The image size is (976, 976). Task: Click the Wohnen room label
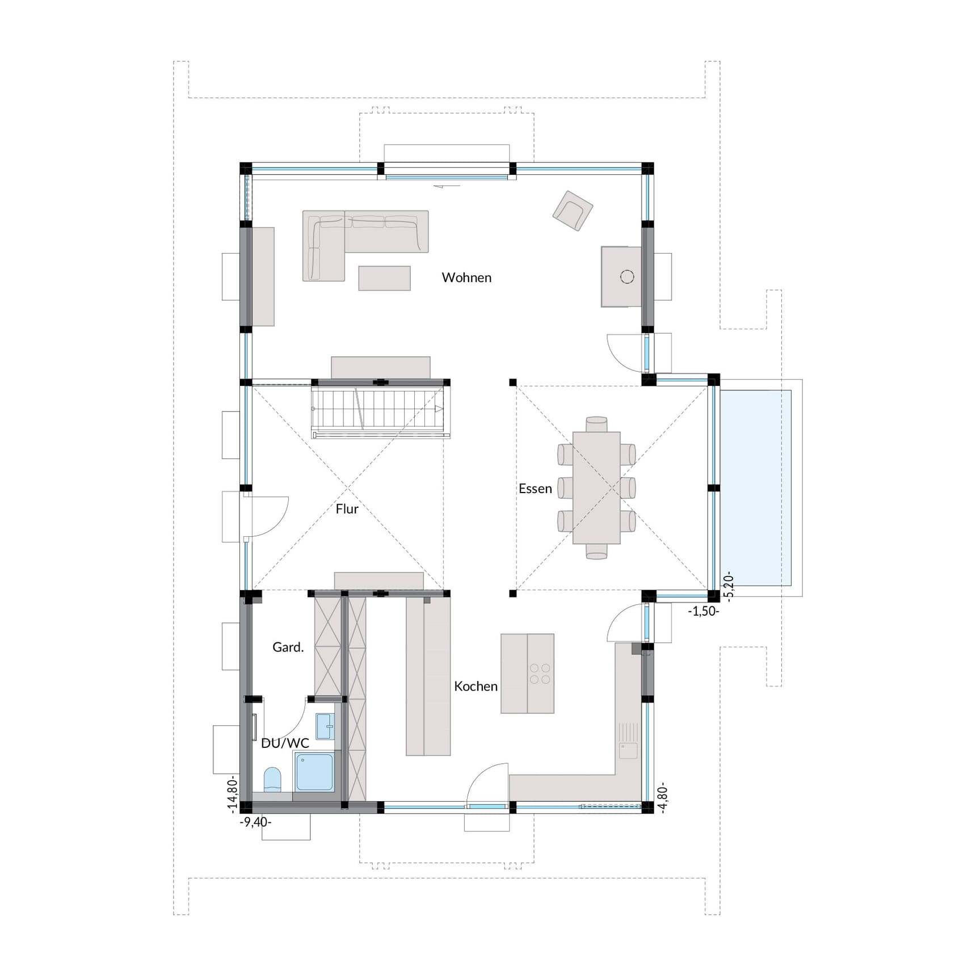466,277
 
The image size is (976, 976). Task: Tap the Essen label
535,489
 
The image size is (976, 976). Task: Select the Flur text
347,509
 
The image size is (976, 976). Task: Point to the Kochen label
476,686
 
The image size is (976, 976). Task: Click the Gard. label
288,647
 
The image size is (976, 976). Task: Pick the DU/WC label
285,743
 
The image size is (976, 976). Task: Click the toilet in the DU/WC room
272,780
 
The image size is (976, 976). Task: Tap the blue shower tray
314,772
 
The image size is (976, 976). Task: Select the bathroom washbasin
325,726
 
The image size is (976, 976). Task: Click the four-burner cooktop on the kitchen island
540,674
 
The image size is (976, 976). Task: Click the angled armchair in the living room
573,211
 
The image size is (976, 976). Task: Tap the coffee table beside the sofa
384,278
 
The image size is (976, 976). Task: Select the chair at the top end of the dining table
596,424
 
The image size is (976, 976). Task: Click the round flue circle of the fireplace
627,276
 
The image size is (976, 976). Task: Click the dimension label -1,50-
703,611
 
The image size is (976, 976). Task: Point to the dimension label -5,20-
730,585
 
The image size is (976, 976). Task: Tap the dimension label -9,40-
255,822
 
